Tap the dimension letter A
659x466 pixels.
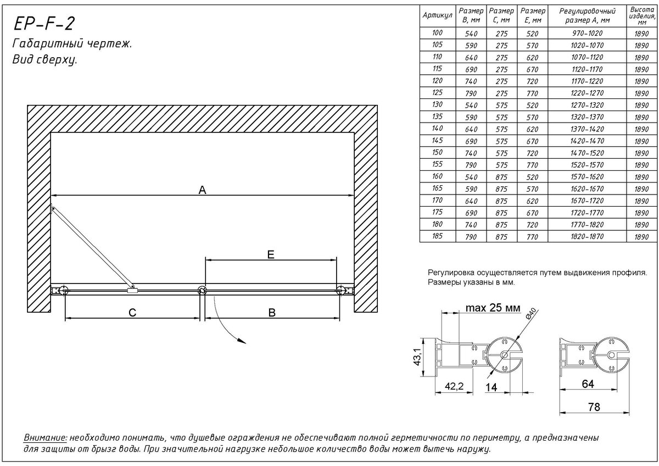pyautogui.click(x=202, y=190)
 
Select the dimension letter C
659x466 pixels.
pyautogui.click(x=132, y=313)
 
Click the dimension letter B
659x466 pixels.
pyautogui.click(x=271, y=313)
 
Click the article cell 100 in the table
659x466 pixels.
pyautogui.click(x=438, y=33)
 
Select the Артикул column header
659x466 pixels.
pyautogui.click(x=438, y=15)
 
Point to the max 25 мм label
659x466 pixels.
pyautogui.click(x=493, y=308)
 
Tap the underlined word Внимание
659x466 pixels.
pyautogui.click(x=45, y=438)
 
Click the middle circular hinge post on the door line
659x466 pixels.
pyautogui.click(x=202, y=291)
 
